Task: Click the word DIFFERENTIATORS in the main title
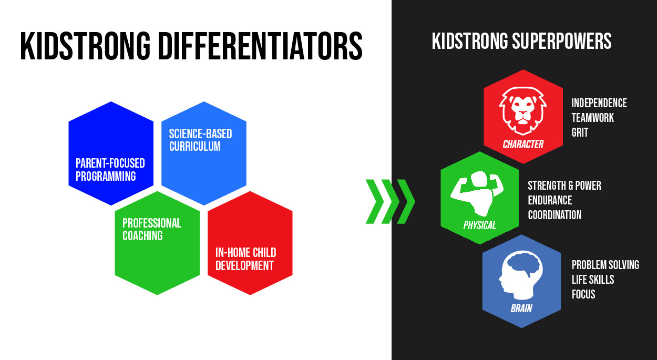tap(261, 46)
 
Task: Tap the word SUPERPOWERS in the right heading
tap(562, 41)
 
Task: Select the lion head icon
tap(522, 111)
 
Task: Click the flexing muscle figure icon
tap(477, 193)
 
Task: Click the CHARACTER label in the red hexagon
tap(523, 144)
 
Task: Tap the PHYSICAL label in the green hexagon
tap(479, 225)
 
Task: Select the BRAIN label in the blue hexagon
tap(521, 308)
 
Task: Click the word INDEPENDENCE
tap(599, 103)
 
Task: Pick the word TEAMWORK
tap(593, 118)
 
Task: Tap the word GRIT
tap(580, 132)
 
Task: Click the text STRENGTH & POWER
tap(564, 186)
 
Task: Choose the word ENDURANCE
tap(550, 201)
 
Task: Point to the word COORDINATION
tap(555, 215)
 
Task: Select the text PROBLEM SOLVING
tap(605, 265)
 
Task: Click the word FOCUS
tap(583, 294)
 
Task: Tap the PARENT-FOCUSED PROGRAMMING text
tap(110, 170)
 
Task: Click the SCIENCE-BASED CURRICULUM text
tap(201, 140)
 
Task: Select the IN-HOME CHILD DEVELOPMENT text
tap(246, 259)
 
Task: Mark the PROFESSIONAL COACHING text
tap(152, 229)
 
